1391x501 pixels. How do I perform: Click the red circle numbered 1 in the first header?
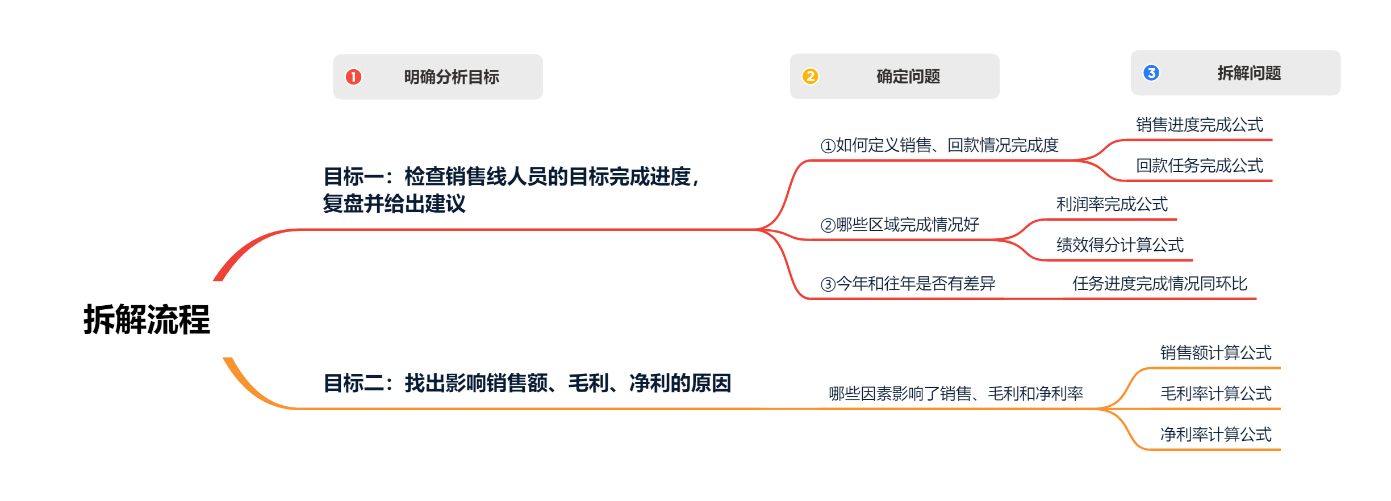353,77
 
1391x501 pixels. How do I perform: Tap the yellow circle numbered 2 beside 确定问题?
811,76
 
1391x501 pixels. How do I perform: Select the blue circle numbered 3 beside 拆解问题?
1151,73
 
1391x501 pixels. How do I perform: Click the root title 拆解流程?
147,319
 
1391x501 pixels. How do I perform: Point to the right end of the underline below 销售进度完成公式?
1272,140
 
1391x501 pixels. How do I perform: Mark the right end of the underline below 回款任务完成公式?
1272,181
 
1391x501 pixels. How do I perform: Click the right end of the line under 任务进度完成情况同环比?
1256,298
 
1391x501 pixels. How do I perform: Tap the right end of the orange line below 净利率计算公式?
1280,449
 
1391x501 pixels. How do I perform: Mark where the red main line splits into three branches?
758,229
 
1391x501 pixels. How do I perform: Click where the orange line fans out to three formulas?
1102,409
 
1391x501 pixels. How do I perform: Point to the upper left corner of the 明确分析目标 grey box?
333,54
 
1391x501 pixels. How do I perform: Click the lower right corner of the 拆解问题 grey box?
1340,95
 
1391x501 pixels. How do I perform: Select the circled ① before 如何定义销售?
828,146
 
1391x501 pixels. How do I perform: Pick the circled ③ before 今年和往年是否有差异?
828,284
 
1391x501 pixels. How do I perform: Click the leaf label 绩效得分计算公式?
1120,245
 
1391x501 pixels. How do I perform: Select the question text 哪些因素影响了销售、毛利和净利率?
956,393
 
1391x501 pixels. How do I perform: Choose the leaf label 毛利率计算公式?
1216,393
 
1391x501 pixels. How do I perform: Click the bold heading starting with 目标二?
528,383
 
